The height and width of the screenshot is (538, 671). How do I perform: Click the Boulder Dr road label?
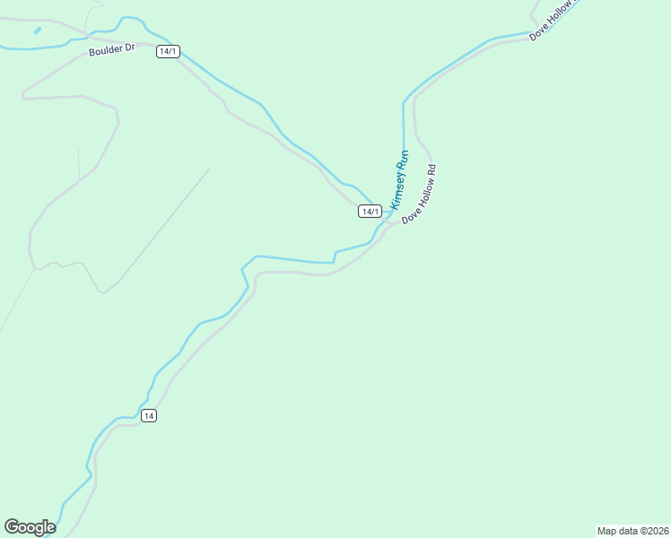coord(111,50)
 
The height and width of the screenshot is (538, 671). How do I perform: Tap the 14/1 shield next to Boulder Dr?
coord(168,51)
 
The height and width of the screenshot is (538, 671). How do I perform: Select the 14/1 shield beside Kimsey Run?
coord(370,211)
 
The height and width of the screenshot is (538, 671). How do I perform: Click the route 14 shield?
coord(149,415)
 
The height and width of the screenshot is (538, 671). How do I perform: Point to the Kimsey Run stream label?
coord(399,179)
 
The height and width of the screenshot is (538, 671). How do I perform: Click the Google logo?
coord(30,527)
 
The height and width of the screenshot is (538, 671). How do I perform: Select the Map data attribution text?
coord(632,531)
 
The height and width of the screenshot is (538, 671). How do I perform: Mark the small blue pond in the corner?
coord(37,30)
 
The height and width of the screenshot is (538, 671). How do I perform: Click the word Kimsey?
coord(397,188)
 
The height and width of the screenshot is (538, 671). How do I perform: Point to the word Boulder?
coord(105,51)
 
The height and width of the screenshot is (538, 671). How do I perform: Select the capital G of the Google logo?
coord(12,527)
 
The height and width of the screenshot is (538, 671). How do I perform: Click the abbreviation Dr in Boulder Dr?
coord(129,47)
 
